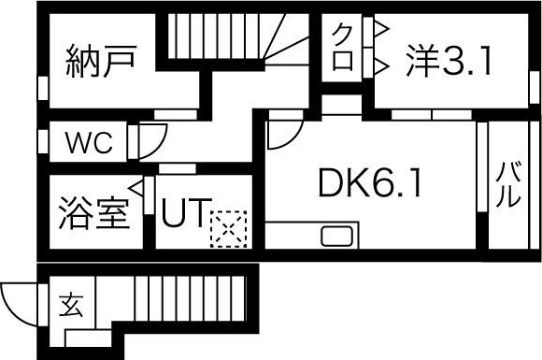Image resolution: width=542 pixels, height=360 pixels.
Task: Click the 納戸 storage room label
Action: click(103, 61)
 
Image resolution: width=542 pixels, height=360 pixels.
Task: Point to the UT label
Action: click(185, 214)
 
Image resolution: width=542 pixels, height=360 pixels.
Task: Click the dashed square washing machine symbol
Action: click(227, 229)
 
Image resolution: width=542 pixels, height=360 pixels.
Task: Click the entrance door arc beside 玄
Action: click(19, 301)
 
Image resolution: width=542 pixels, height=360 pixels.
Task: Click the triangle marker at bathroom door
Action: click(137, 187)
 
